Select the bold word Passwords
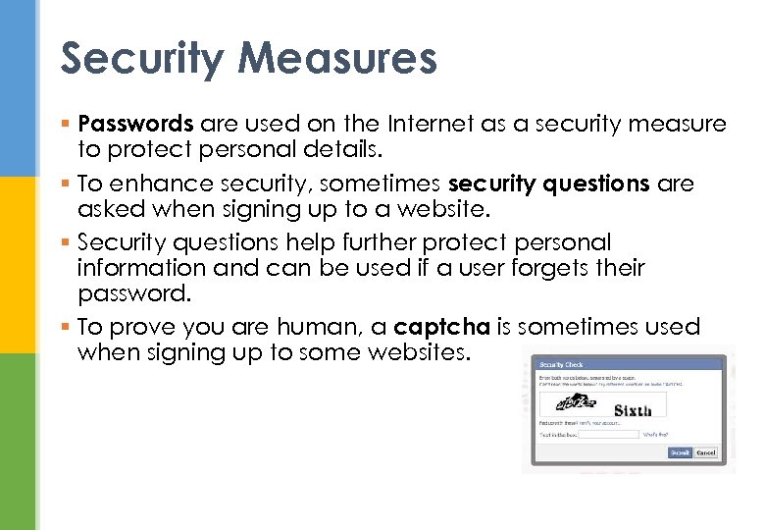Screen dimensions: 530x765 135,124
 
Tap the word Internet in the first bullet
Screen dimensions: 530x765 427,124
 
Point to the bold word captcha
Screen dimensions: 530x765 441,327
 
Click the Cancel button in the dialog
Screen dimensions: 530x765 706,452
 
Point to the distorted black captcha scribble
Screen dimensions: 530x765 576,402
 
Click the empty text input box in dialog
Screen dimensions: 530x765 609,433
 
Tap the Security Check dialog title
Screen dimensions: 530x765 562,364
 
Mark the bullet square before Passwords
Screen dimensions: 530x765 65,125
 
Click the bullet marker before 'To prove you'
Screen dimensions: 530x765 65,328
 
